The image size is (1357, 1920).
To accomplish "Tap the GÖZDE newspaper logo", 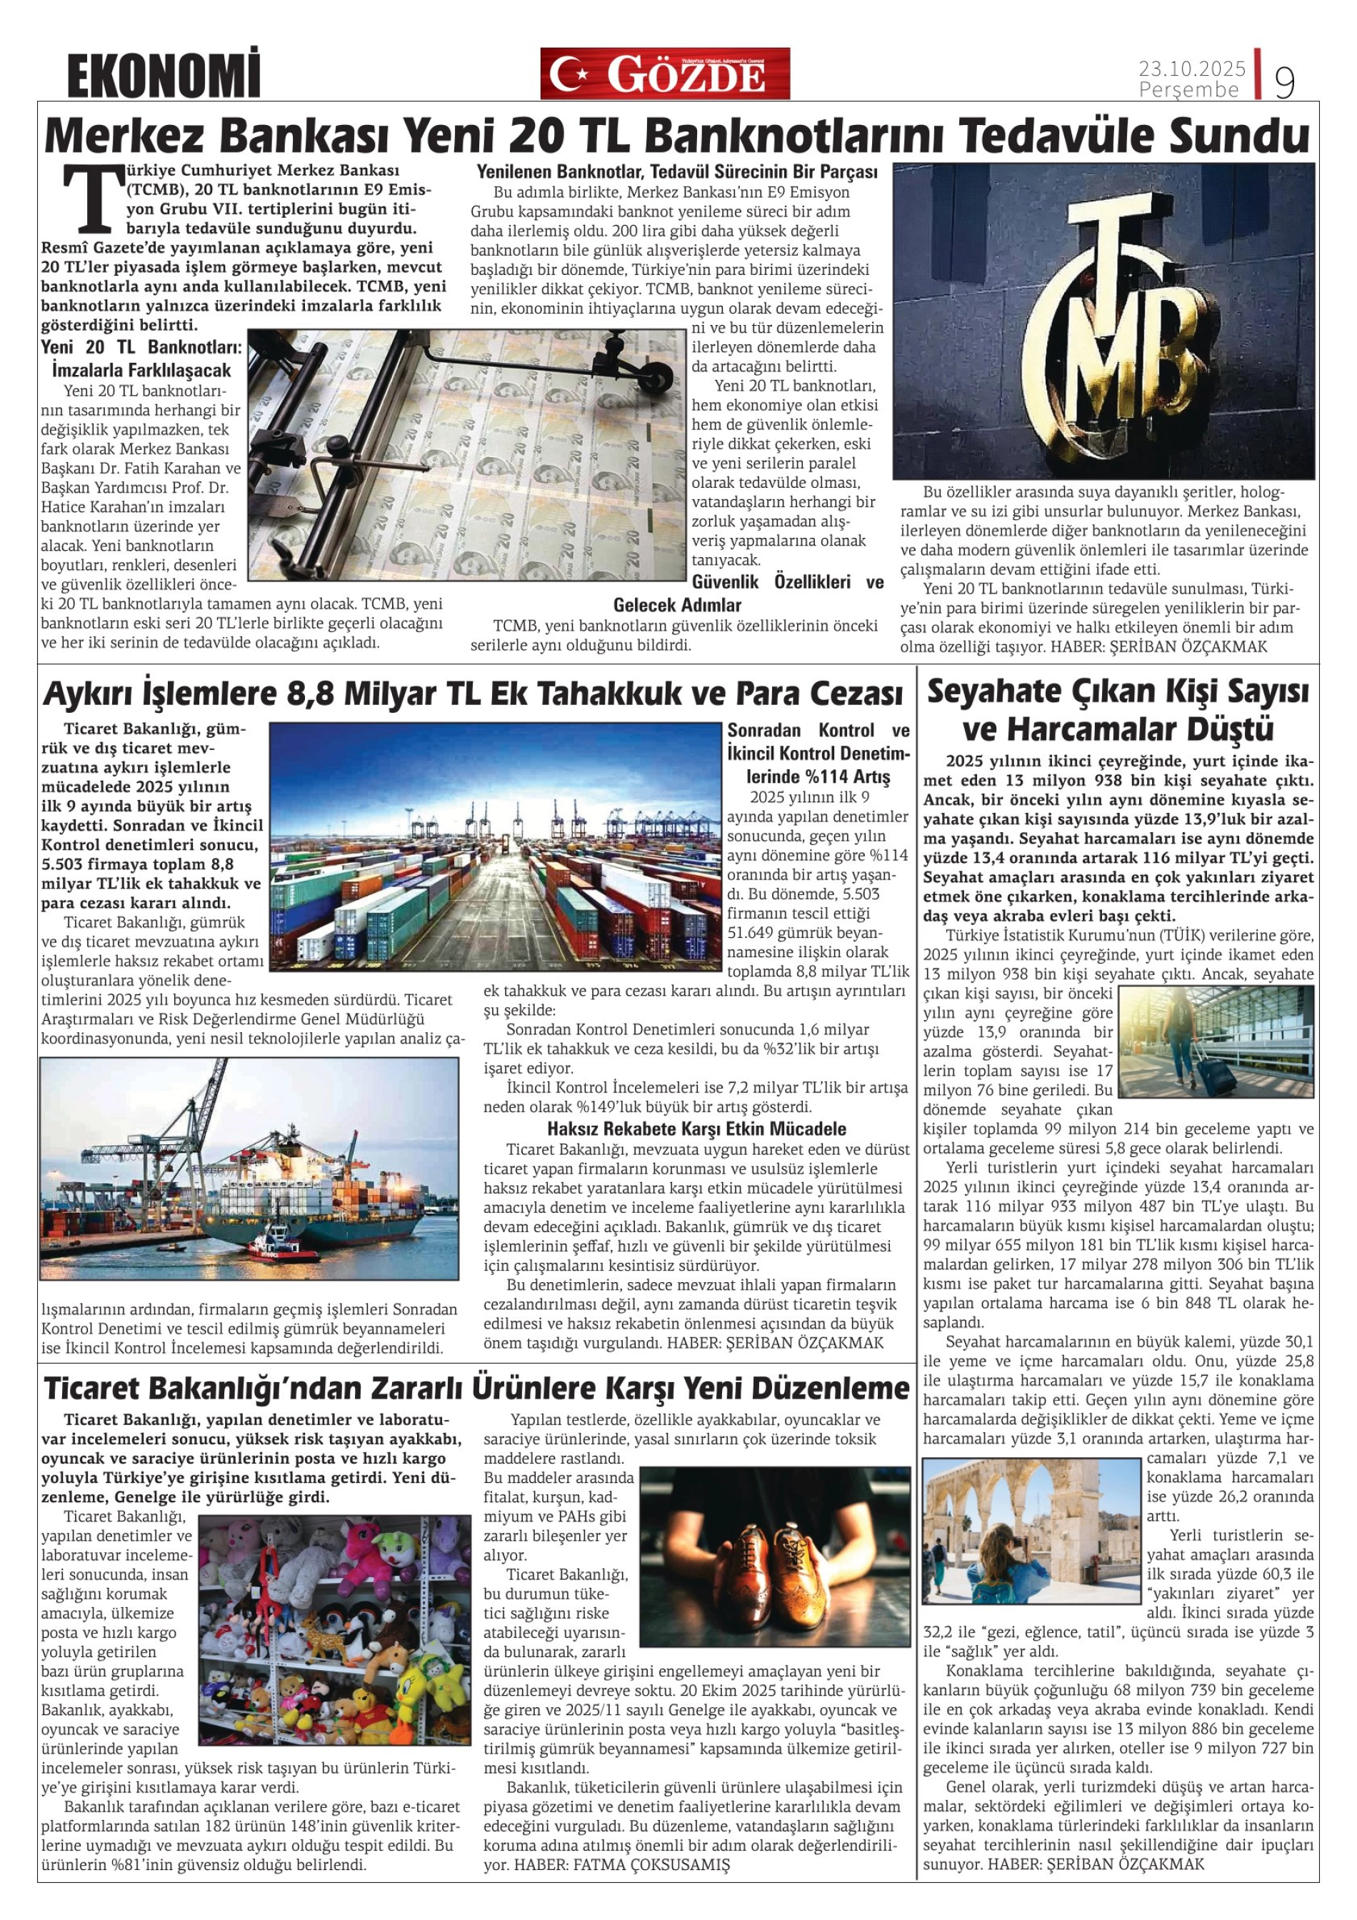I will [x=665, y=74].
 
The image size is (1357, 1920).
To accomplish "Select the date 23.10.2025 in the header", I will [x=1191, y=68].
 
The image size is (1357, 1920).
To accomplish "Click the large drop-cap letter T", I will [x=86, y=198].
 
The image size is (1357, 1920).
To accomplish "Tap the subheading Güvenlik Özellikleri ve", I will [x=787, y=582].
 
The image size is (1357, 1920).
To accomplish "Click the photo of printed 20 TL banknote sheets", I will [x=465, y=454].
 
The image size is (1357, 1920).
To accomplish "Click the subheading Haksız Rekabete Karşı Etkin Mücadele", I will [x=696, y=1128].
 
